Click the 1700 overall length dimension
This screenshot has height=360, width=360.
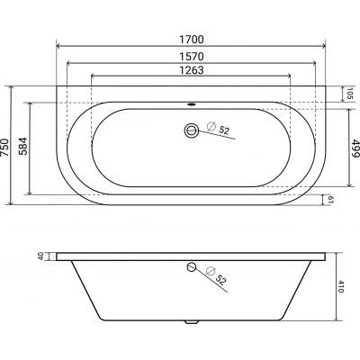[192, 40]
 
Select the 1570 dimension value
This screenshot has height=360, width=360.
[192, 56]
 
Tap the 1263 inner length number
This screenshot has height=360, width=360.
[192, 70]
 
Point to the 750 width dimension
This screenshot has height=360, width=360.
[4, 147]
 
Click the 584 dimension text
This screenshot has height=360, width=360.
[22, 146]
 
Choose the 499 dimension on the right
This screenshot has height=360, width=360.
[355, 148]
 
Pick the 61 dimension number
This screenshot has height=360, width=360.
[330, 200]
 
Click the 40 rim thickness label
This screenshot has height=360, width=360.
[41, 256]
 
